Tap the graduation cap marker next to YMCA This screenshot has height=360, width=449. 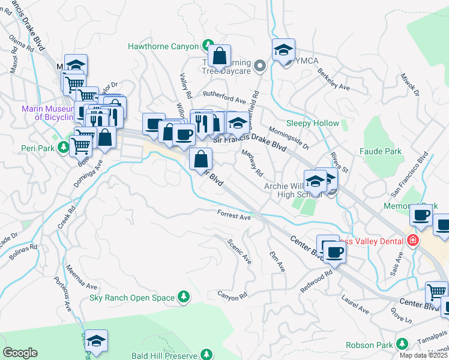pos(284,50)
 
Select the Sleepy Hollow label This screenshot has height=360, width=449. pos(312,123)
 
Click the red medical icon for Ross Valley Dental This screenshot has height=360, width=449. pos(412,241)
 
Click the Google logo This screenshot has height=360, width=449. pos(20,353)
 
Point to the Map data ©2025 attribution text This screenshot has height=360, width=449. pos(424,355)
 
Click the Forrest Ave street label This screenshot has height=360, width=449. pos(234,215)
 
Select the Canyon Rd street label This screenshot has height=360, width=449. pos(232,296)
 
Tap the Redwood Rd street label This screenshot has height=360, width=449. pos(316,281)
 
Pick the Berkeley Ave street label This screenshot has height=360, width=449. pos(334,78)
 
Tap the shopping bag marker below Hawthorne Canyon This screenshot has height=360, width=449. pos(220,58)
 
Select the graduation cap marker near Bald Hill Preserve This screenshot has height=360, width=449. pos(96,341)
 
